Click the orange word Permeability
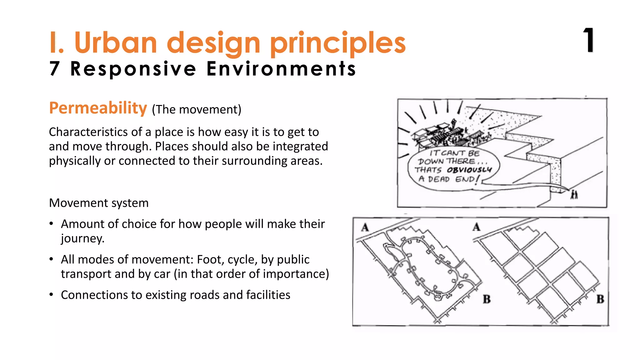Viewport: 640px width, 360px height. click(x=98, y=108)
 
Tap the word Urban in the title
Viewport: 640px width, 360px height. click(x=115, y=43)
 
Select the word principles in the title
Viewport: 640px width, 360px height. click(x=337, y=44)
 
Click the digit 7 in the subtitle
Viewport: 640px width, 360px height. click(x=54, y=68)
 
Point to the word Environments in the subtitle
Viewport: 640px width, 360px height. click(x=281, y=69)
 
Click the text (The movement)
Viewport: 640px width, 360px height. click(x=197, y=110)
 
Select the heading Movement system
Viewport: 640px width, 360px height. click(x=99, y=203)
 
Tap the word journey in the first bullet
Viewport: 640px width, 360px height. click(x=82, y=239)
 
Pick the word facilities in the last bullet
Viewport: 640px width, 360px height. click(x=268, y=295)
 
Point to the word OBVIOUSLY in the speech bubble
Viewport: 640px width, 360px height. click(x=469, y=170)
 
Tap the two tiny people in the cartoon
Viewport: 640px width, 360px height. click(x=574, y=194)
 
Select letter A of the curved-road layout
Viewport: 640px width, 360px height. click(x=365, y=227)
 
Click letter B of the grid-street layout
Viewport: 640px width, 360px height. click(x=600, y=299)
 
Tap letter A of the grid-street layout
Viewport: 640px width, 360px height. click(x=476, y=227)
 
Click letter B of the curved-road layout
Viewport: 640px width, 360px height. click(x=487, y=299)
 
